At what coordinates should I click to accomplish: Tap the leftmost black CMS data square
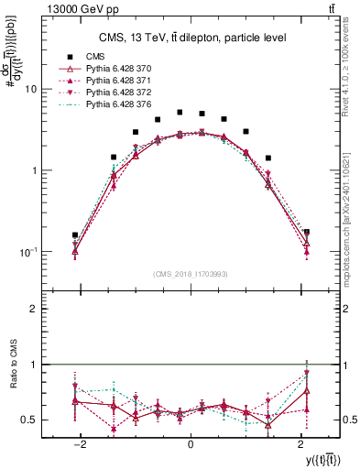[75, 235]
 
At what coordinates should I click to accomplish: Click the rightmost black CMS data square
[306, 233]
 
